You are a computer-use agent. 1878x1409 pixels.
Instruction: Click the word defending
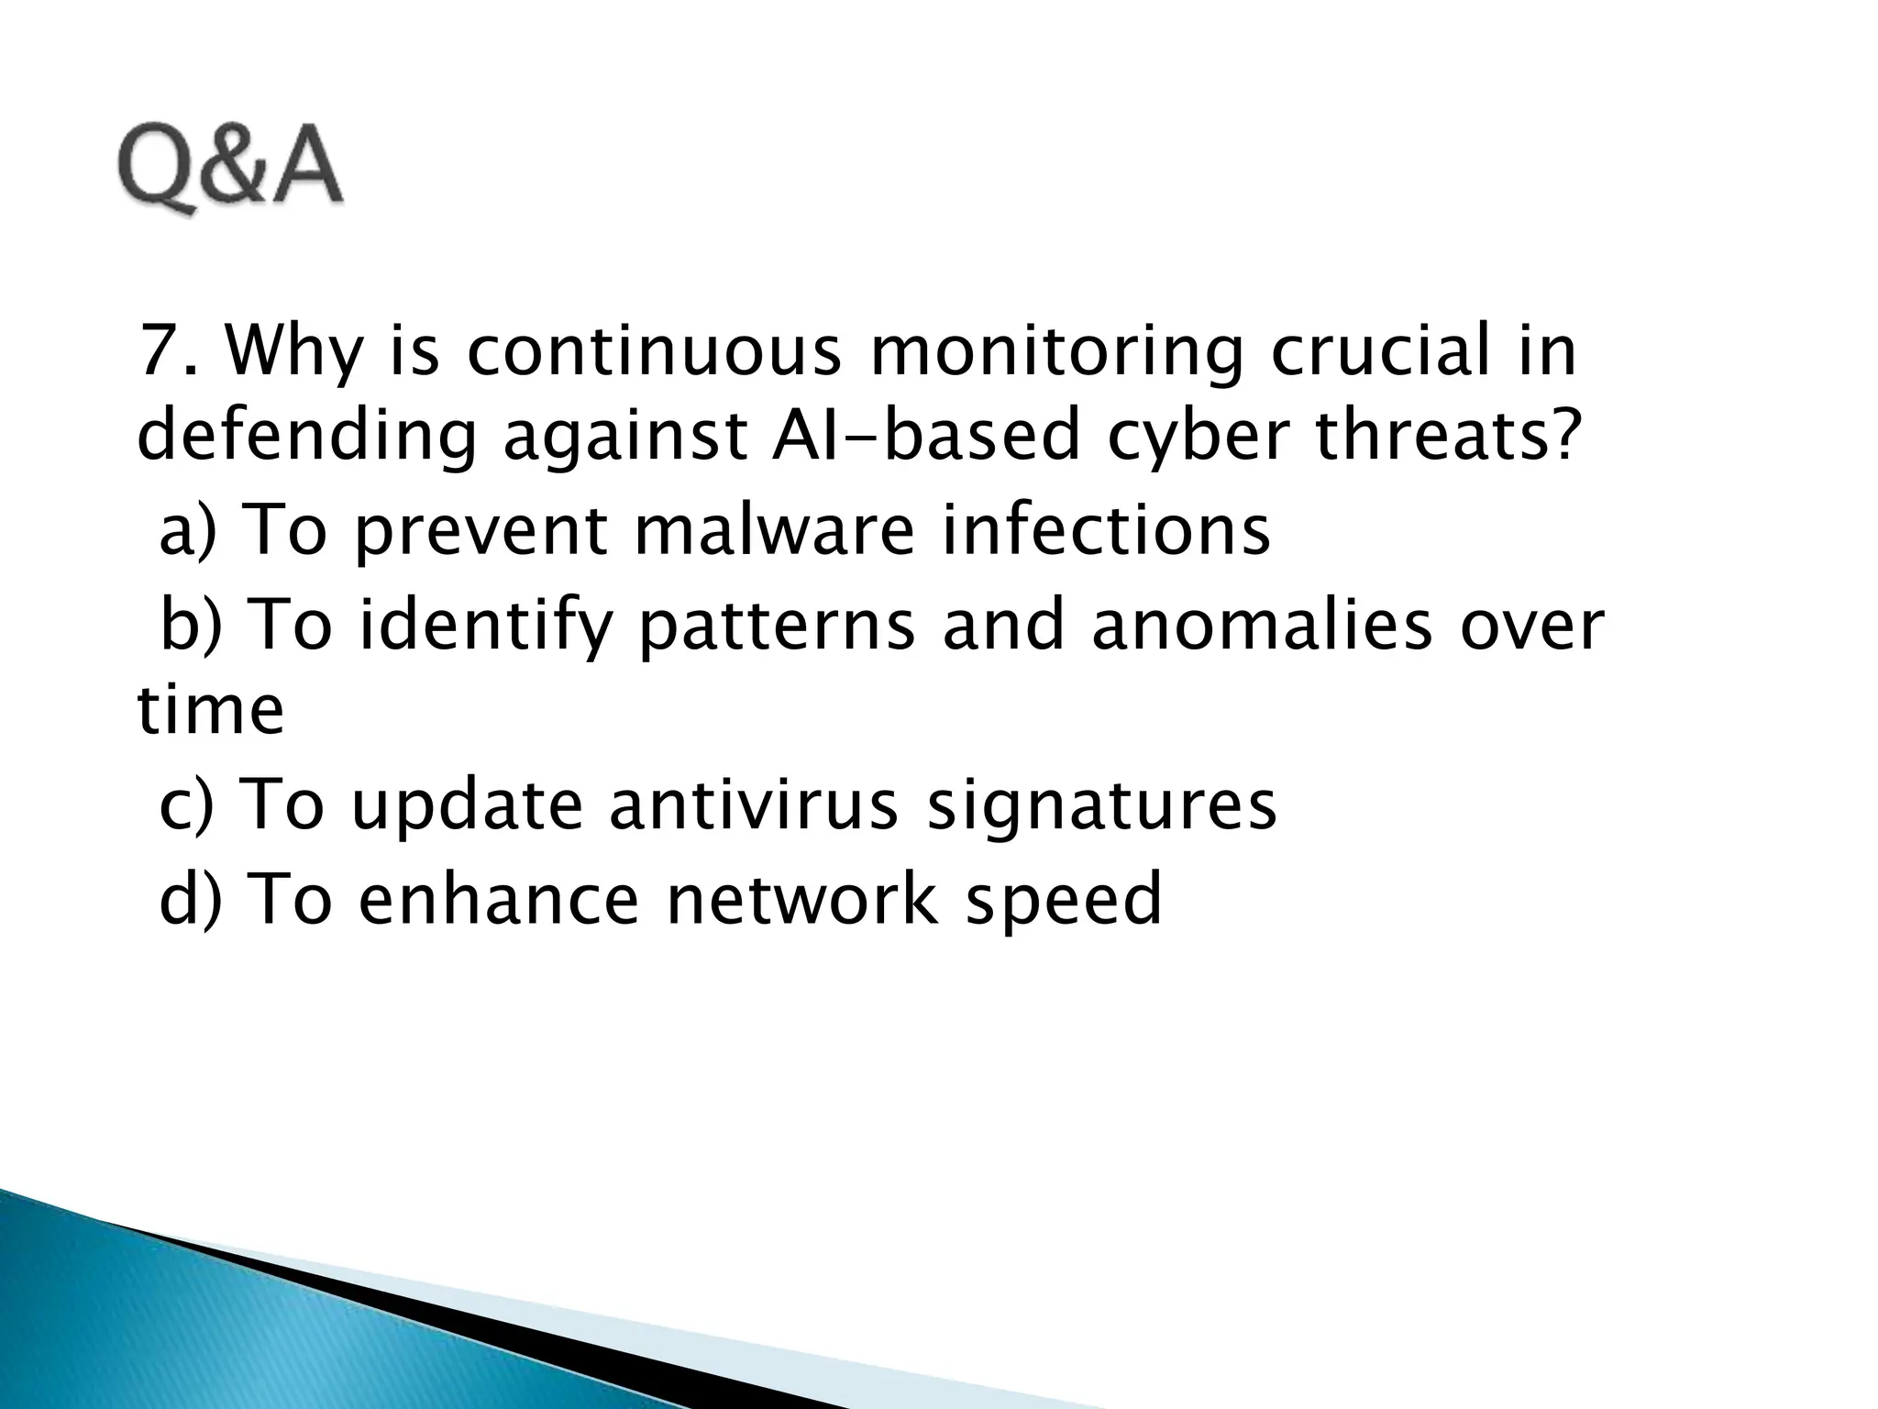tap(306, 438)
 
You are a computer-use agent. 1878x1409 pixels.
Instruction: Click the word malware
tap(774, 529)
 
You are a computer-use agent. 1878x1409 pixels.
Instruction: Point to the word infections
tap(1106, 529)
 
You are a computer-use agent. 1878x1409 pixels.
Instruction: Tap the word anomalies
tap(1262, 625)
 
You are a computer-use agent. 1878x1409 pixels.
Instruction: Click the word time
tap(211, 710)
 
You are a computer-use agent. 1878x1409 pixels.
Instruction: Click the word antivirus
tap(753, 803)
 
